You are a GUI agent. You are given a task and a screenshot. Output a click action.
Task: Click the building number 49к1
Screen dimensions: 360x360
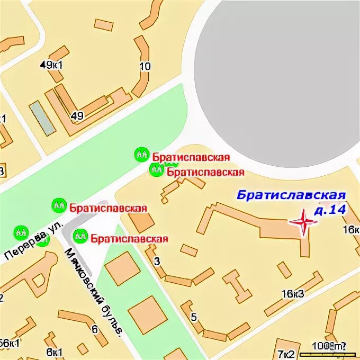click(51, 65)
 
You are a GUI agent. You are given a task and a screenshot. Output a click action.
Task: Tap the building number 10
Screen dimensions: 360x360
click(145, 67)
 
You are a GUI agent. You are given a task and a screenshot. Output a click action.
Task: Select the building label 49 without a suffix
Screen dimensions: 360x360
click(77, 116)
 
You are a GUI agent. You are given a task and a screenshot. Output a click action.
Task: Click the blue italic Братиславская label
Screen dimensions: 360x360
click(291, 196)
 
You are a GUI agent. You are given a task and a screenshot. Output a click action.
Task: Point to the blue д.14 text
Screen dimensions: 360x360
click(329, 210)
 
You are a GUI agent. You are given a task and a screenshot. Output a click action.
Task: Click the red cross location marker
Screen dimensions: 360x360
click(304, 222)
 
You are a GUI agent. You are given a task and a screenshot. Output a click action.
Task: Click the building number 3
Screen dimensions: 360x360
click(156, 260)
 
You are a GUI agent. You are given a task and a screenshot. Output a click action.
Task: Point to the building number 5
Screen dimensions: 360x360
click(193, 317)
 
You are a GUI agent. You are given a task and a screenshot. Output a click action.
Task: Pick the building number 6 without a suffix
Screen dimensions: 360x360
click(95, 329)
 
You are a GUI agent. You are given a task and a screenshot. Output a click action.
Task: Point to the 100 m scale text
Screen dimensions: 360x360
click(324, 346)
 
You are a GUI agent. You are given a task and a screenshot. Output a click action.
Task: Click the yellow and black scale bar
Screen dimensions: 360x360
click(326, 354)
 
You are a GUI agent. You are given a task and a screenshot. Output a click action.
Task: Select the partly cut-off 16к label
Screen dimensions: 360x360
click(351, 229)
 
